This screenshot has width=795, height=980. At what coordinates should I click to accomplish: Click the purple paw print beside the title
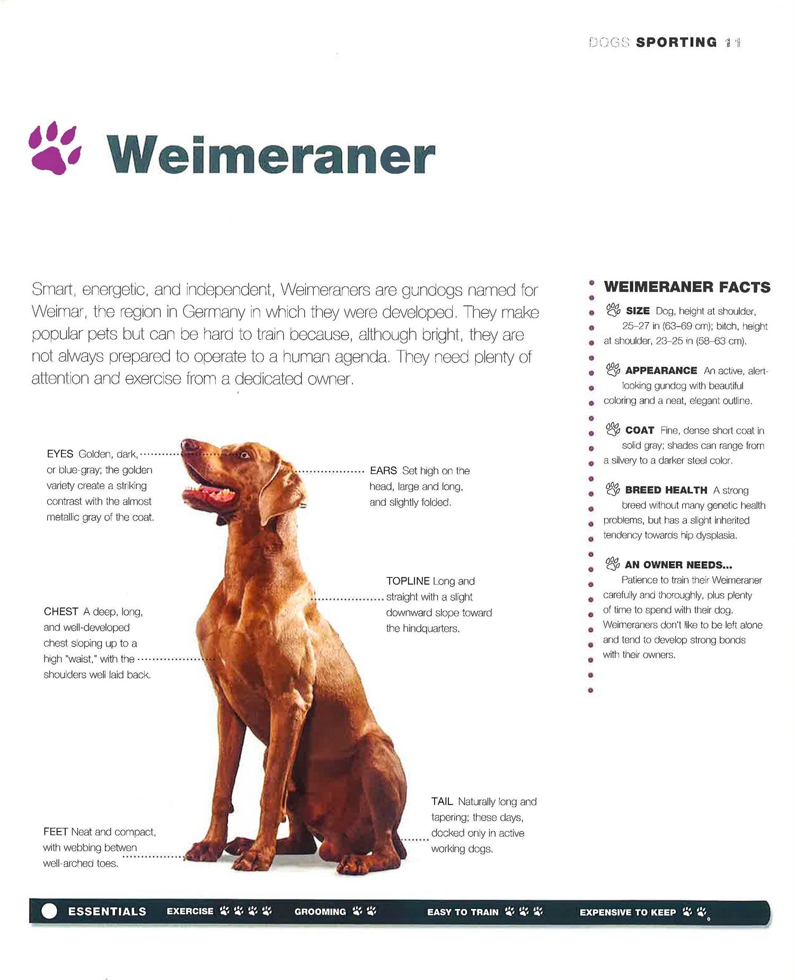coord(55,148)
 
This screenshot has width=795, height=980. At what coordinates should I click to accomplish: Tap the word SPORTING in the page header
coord(676,42)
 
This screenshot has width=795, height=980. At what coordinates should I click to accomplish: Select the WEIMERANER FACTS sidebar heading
coord(687,287)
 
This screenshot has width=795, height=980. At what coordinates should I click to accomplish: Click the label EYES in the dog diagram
coord(60,454)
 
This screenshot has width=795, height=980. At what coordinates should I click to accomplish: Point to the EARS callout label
coord(383,471)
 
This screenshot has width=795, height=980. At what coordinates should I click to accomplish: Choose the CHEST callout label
coord(61,612)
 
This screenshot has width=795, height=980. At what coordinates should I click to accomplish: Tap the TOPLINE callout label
coord(408,581)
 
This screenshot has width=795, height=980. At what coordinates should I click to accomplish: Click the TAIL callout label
coord(442,801)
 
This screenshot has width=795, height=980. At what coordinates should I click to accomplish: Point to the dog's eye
coord(244,454)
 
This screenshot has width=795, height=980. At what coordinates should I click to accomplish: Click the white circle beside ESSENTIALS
coord(49,911)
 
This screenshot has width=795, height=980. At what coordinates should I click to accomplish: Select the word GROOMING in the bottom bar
coord(320,912)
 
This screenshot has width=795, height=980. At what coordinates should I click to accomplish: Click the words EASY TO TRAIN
coord(463,912)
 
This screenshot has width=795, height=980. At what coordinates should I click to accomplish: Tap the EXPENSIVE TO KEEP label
coord(628,912)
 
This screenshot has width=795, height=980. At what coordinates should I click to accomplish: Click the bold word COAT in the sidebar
coord(640,430)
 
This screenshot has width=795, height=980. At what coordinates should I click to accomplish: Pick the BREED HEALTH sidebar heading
coord(666,490)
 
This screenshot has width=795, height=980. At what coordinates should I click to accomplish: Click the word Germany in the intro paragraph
coord(214,312)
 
